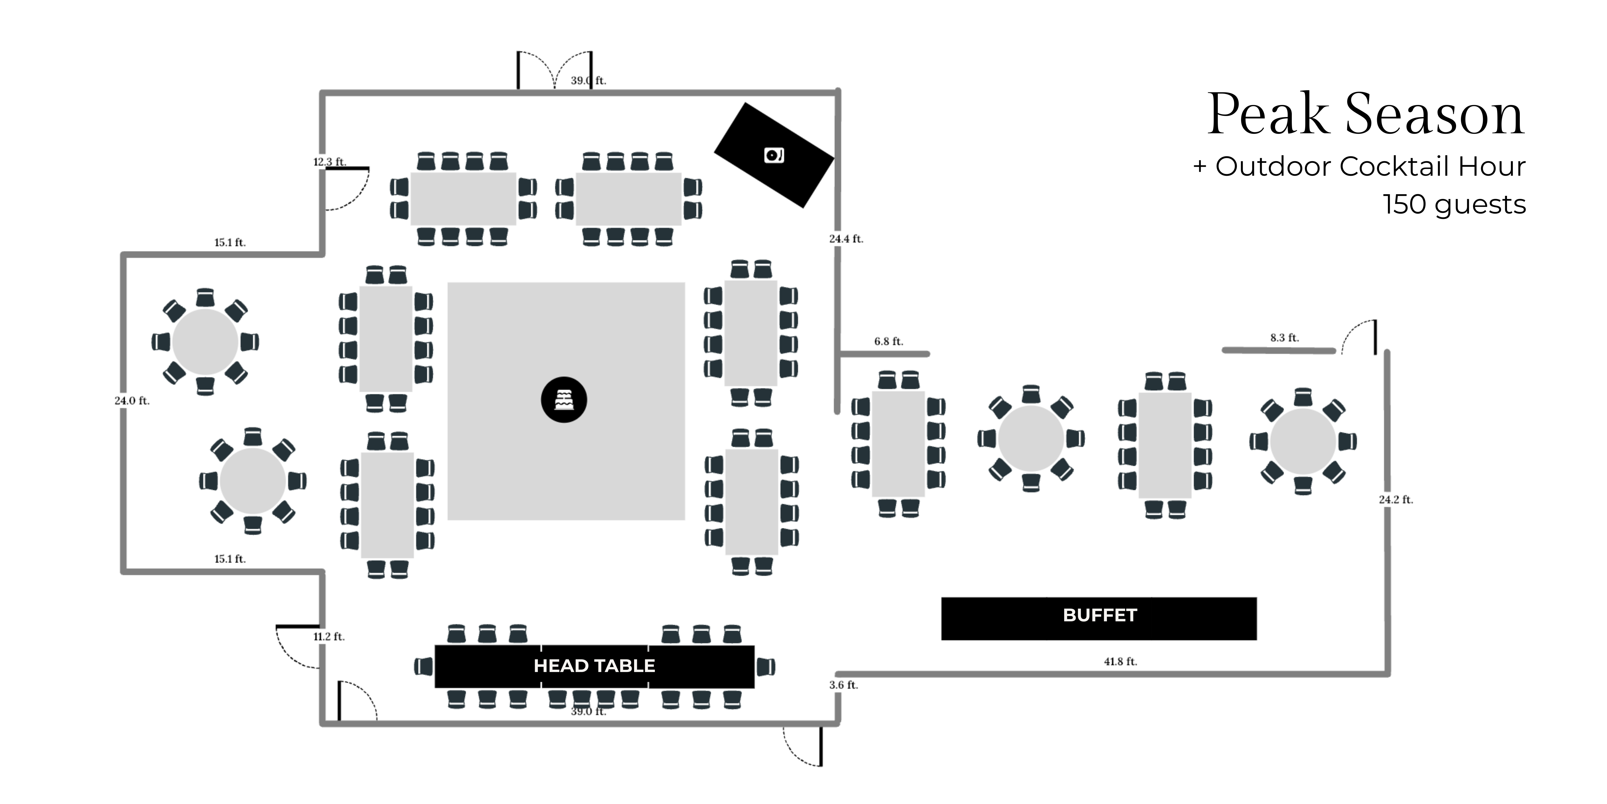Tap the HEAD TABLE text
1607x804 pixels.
pos(594,666)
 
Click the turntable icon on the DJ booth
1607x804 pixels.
pos(774,155)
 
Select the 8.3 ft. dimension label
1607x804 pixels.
pos(1285,338)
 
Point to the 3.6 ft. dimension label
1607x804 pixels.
pos(843,685)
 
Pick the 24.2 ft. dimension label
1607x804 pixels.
pos(1396,499)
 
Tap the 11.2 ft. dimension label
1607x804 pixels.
pos(329,637)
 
